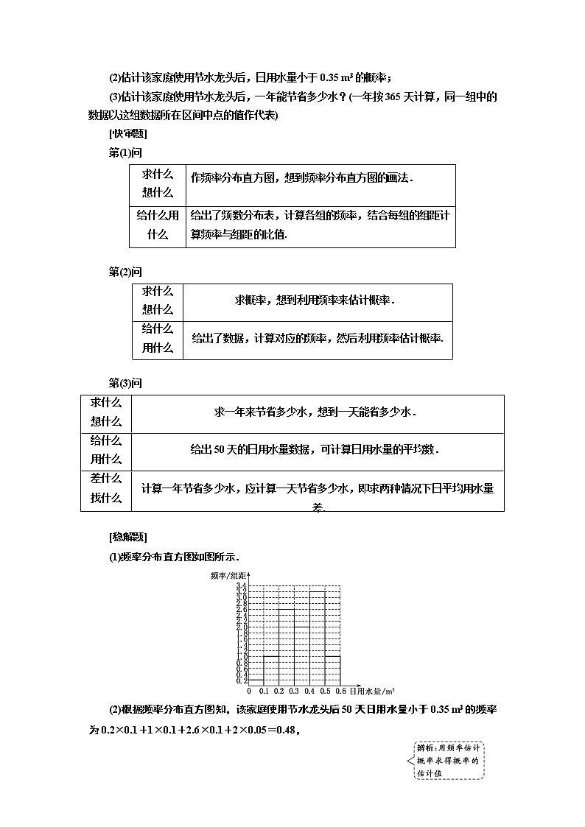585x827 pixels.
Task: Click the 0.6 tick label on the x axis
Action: point(341,691)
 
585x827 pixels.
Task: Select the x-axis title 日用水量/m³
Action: point(371,691)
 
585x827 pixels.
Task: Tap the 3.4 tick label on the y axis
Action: point(241,586)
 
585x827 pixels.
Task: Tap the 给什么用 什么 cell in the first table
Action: point(158,225)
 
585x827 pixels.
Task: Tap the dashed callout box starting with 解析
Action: point(449,761)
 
